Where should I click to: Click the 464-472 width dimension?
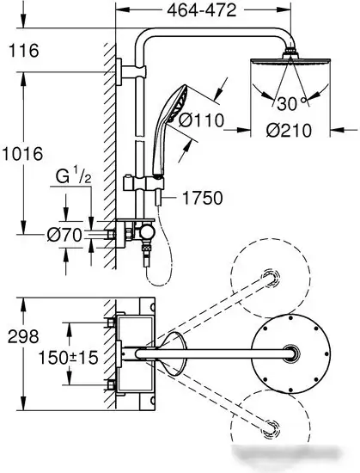202,11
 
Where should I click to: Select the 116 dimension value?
24,51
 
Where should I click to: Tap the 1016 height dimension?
22,154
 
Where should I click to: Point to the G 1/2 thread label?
73,177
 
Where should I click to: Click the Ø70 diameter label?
64,235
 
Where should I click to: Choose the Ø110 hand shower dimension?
202,120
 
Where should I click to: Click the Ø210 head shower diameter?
289,131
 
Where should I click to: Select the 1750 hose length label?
203,198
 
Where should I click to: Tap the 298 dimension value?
23,336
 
